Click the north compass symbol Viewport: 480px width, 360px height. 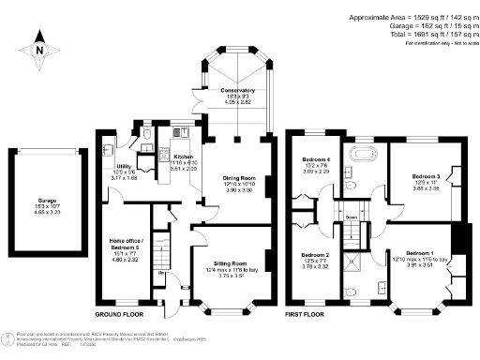tap(38, 43)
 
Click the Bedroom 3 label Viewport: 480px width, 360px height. tap(425, 175)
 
